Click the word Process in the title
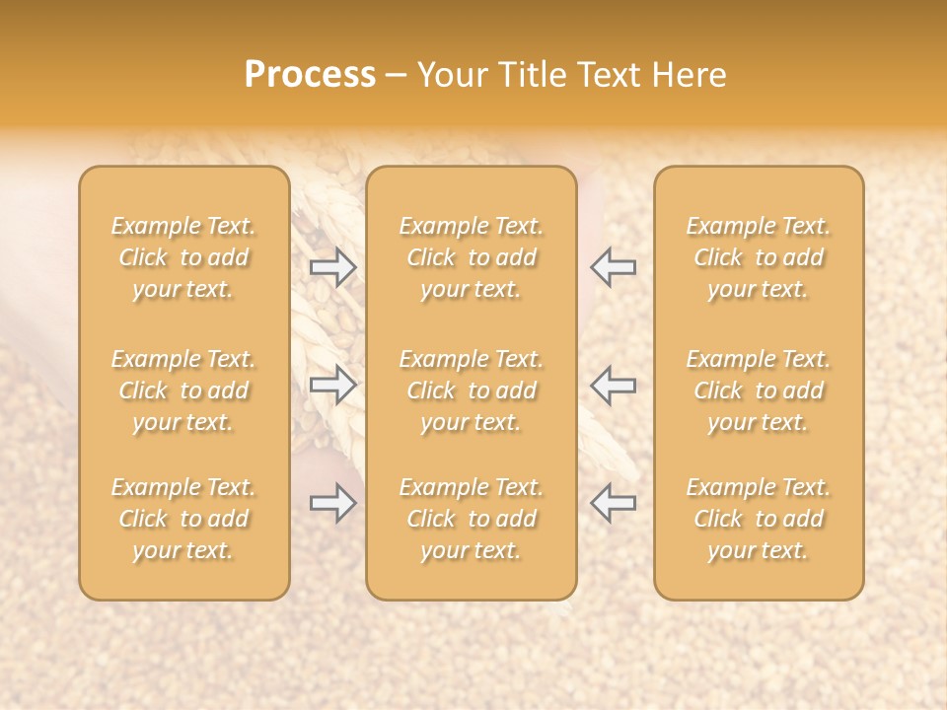point(310,75)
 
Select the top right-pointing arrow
point(333,267)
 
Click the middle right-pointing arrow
point(333,385)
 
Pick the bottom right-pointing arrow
point(333,504)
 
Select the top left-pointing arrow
point(613,267)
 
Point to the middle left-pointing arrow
point(613,385)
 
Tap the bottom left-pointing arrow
point(613,502)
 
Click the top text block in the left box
point(183,257)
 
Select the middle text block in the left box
point(183,390)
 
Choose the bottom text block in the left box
point(183,519)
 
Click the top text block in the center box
point(472,257)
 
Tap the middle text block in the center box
point(472,390)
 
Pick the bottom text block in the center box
point(472,519)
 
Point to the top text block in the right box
point(759,257)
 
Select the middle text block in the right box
point(759,390)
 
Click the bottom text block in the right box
point(759,519)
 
